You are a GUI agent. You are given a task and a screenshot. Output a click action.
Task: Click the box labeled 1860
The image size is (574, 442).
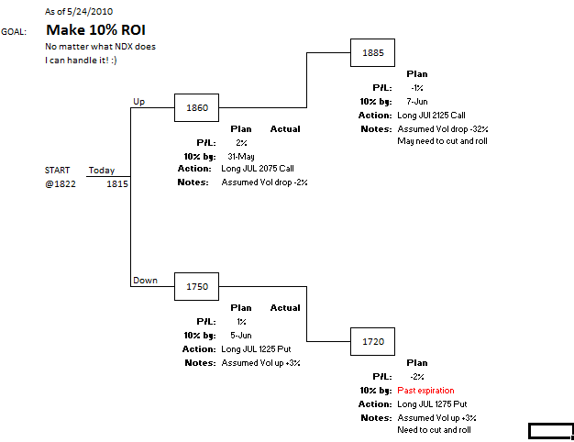[197, 108]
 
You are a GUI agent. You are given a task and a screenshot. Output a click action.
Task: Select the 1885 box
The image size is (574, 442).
[373, 53]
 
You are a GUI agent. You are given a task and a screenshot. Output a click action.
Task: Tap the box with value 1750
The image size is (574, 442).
[197, 287]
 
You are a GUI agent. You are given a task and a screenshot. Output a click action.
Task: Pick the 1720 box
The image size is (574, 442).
[373, 342]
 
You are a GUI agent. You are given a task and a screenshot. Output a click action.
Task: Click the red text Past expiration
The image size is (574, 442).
[425, 391]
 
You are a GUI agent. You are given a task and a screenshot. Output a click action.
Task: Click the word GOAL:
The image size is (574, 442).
[14, 31]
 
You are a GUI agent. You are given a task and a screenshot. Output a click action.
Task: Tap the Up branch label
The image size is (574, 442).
[139, 102]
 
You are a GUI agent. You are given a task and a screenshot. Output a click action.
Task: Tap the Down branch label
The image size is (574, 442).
[145, 281]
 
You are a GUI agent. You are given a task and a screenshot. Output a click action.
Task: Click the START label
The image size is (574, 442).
[57, 171]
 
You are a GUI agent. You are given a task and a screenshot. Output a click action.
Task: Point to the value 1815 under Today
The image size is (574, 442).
[117, 184]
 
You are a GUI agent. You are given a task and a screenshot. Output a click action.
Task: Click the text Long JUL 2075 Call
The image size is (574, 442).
[258, 169]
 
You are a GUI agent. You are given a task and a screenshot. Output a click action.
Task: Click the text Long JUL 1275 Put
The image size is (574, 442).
[432, 404]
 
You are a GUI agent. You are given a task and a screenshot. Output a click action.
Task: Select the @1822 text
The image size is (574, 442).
[57, 184]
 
